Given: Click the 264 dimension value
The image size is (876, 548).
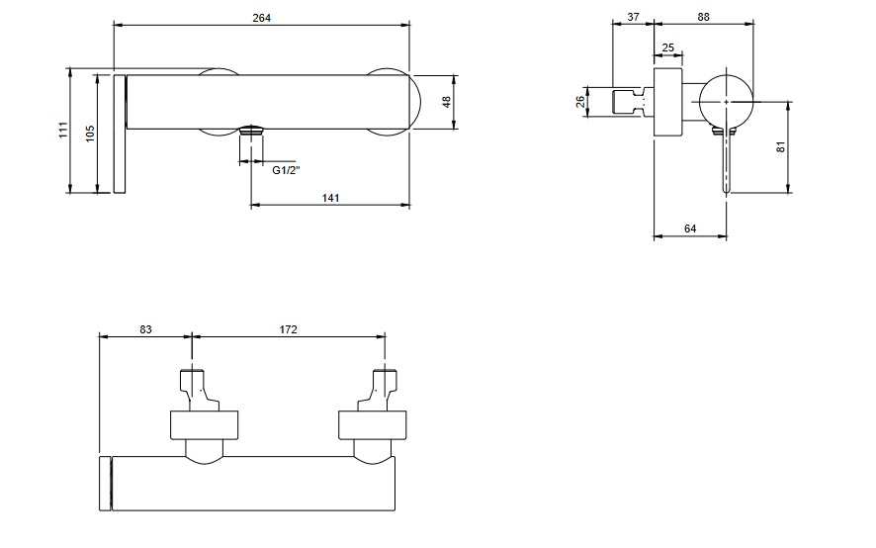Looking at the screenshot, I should (x=262, y=18).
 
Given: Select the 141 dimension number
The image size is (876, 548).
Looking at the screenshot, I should (x=331, y=198).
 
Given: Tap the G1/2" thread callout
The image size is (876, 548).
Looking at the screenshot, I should (x=287, y=169).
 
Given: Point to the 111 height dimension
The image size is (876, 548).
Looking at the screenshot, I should (x=61, y=130).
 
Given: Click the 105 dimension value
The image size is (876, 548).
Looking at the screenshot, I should (x=90, y=134).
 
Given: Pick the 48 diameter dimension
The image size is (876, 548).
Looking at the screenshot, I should (x=447, y=102).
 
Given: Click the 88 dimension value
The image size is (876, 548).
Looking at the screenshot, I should (x=704, y=18).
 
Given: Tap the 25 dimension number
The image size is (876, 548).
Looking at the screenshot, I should (x=667, y=47).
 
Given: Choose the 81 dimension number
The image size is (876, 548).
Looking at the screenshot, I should (x=780, y=147).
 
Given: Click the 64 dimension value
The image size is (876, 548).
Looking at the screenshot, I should (x=690, y=228).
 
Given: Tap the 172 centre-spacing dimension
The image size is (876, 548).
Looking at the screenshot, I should (x=289, y=328).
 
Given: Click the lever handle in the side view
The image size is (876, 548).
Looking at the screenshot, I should (x=727, y=158).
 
